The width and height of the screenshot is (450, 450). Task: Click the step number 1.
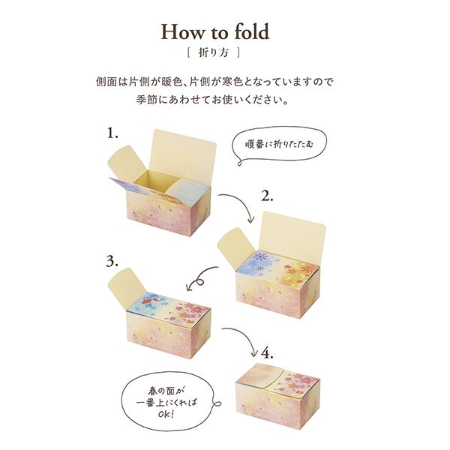point(112,133)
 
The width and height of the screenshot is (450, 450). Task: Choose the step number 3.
point(112,261)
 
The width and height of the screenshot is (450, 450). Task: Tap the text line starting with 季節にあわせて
point(225,98)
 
